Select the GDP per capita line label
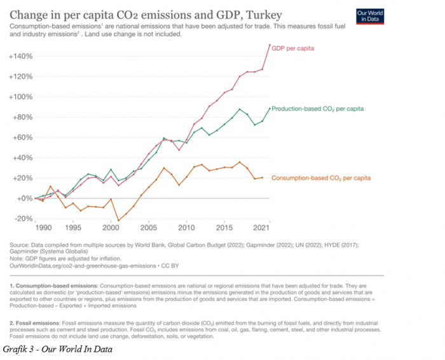tap(293, 48)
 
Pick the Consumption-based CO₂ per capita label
tap(321, 178)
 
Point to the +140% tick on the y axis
tap(21, 57)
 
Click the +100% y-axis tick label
tap(21, 97)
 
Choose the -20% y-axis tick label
tap(23, 219)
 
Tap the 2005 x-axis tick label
tap(149, 228)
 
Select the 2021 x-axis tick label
tap(260, 228)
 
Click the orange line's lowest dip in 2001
tap(118, 221)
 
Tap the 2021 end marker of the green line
tap(270, 108)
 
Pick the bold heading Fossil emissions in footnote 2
tap(42, 324)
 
